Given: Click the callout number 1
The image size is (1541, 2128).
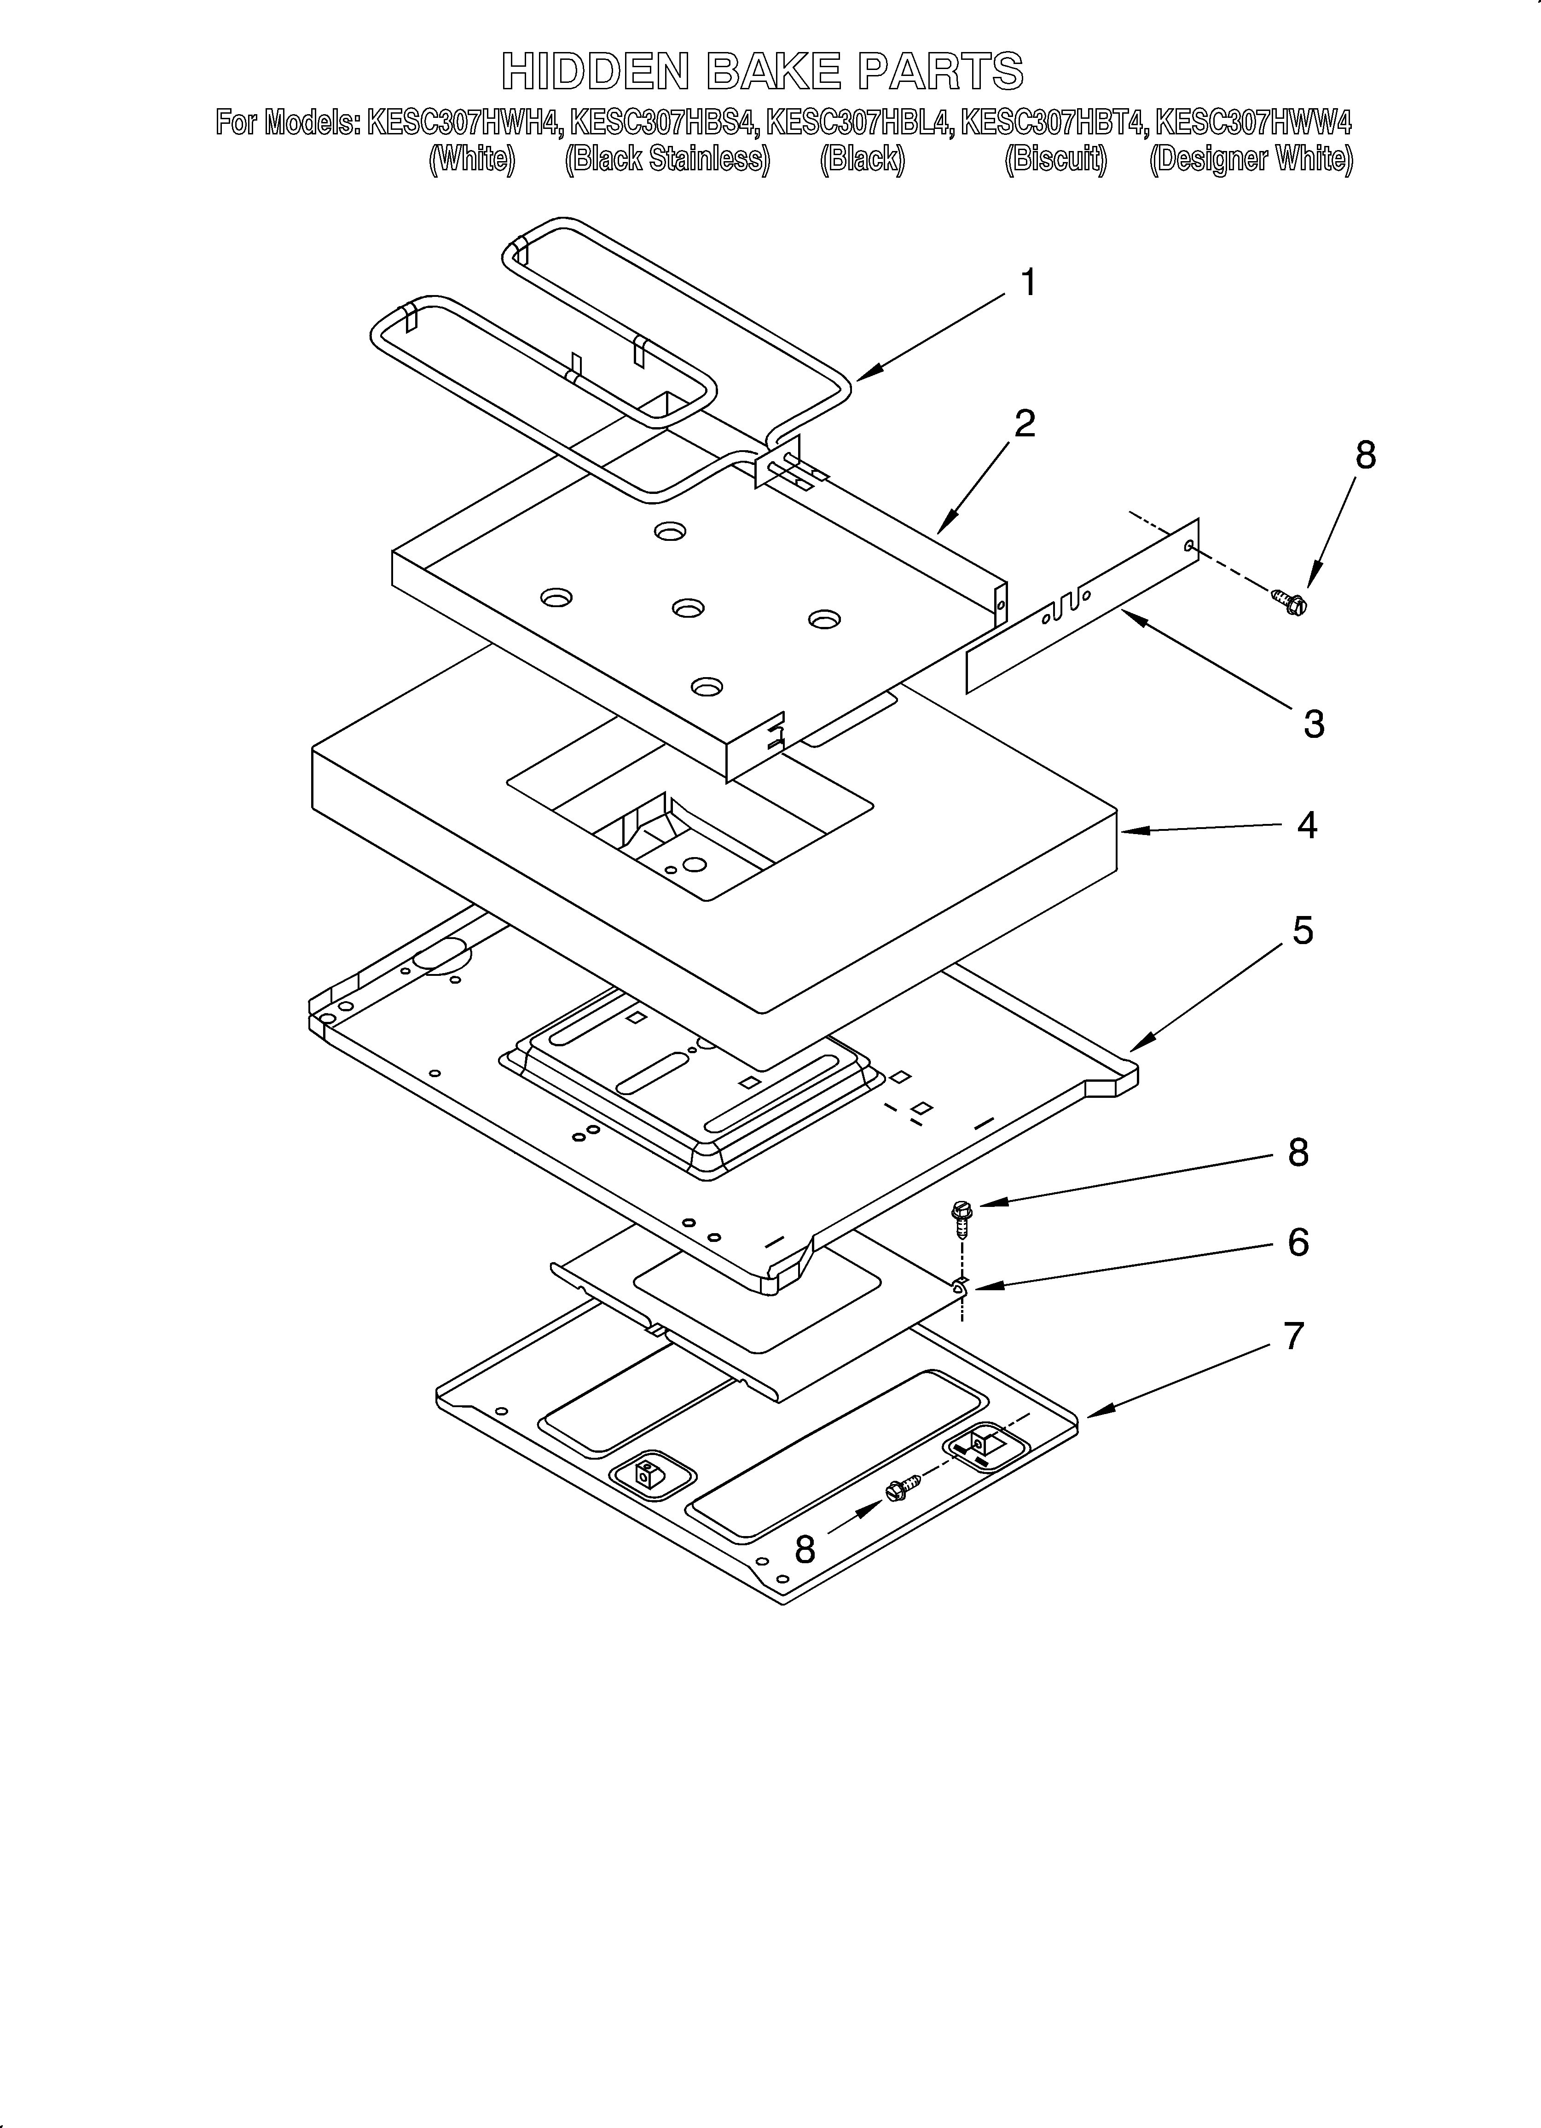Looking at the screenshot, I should click(x=1029, y=283).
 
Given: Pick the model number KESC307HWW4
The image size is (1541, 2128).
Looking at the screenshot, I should click(x=1253, y=123).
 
